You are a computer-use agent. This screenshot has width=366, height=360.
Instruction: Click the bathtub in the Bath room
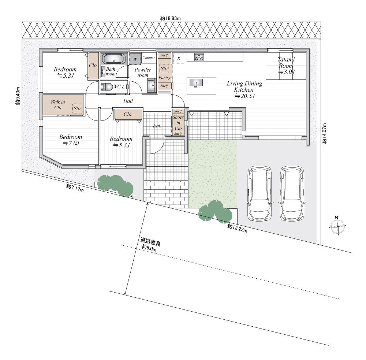114,59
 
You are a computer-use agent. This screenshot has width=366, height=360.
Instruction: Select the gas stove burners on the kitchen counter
199,57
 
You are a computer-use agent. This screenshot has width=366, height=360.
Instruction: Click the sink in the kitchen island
196,83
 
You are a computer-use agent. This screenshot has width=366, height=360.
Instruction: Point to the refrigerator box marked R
179,58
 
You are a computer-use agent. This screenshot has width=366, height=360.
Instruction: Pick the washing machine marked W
135,59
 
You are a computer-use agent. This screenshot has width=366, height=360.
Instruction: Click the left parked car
259,194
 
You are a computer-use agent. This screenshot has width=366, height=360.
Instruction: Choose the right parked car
292,194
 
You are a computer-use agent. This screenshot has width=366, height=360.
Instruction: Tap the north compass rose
337,226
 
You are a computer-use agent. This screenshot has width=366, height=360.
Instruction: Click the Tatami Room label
286,62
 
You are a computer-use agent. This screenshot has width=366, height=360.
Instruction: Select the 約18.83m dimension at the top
171,18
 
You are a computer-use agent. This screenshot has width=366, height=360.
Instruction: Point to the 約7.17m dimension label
75,188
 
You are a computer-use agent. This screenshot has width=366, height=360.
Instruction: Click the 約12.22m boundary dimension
237,228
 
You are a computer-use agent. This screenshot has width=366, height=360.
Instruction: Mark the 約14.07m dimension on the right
324,133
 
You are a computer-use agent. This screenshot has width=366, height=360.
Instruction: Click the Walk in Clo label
58,105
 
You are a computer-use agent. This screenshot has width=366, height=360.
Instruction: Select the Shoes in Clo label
178,123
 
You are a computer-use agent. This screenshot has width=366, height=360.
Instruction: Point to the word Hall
128,101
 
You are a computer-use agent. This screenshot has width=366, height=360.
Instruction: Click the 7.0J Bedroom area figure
71,143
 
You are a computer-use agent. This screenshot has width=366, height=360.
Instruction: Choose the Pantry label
165,78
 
